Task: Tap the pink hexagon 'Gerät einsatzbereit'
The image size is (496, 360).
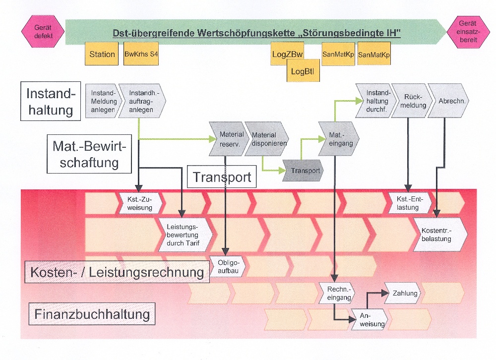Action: tap(467, 32)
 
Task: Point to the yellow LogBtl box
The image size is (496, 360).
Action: tap(303, 71)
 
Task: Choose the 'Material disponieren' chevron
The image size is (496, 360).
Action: tap(266, 139)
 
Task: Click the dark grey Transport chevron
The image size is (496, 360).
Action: tap(304, 171)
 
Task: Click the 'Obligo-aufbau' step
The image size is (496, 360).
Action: tap(228, 266)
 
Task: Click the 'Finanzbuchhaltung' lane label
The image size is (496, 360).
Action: tap(92, 314)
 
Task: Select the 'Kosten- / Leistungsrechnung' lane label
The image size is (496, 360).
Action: tap(117, 272)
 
